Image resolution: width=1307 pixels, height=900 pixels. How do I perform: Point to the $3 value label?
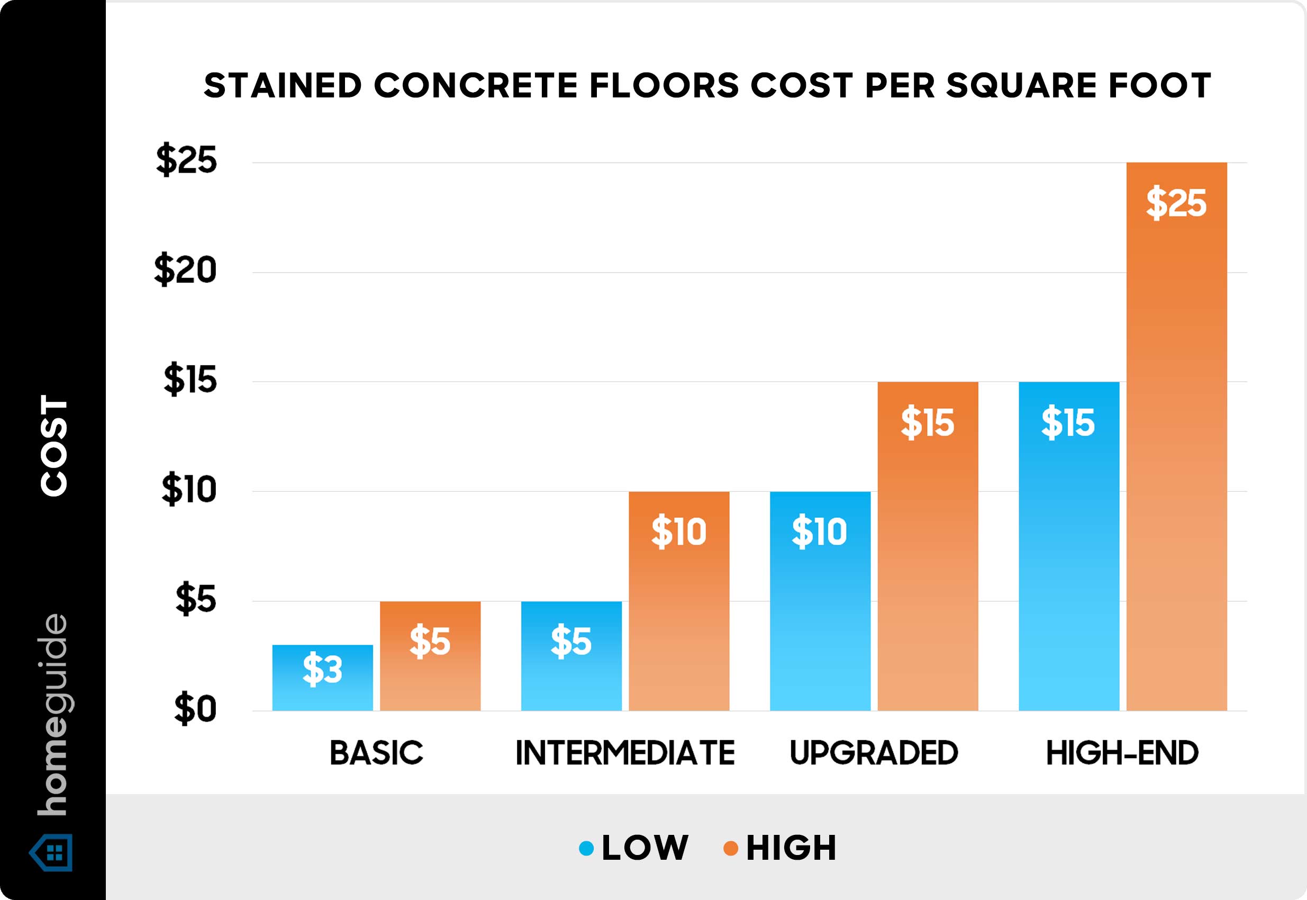322,669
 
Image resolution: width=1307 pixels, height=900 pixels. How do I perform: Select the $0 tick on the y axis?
195,709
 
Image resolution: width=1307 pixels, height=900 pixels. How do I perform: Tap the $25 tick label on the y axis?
187,160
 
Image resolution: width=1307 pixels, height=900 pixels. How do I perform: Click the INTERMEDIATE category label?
624,753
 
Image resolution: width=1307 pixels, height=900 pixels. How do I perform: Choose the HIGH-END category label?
1122,753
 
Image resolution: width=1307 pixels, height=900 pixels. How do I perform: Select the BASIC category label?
376,753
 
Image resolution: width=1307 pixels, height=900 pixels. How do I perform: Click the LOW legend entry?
644,848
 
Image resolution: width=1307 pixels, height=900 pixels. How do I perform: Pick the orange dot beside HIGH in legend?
730,848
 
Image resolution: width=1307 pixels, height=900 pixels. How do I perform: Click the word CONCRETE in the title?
476,86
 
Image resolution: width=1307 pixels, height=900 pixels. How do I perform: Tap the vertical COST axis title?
54,445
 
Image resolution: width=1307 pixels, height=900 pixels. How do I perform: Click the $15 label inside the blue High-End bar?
1068,422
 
